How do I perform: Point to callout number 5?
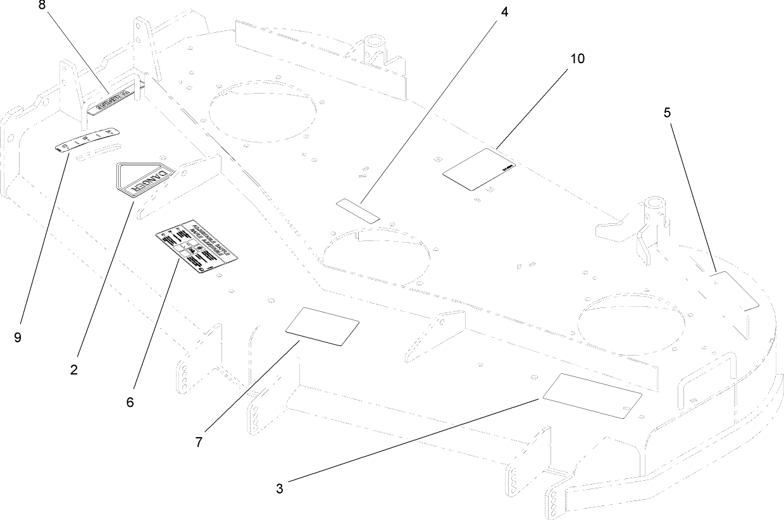(667, 113)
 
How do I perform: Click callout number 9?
(18, 337)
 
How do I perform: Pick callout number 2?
(74, 370)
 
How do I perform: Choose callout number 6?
(130, 402)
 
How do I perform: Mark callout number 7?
(199, 442)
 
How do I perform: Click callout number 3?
(280, 488)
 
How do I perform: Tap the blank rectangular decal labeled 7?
(323, 326)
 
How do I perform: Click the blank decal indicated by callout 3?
(592, 395)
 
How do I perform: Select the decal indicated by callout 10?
(479, 169)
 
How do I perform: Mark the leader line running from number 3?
(411, 443)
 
